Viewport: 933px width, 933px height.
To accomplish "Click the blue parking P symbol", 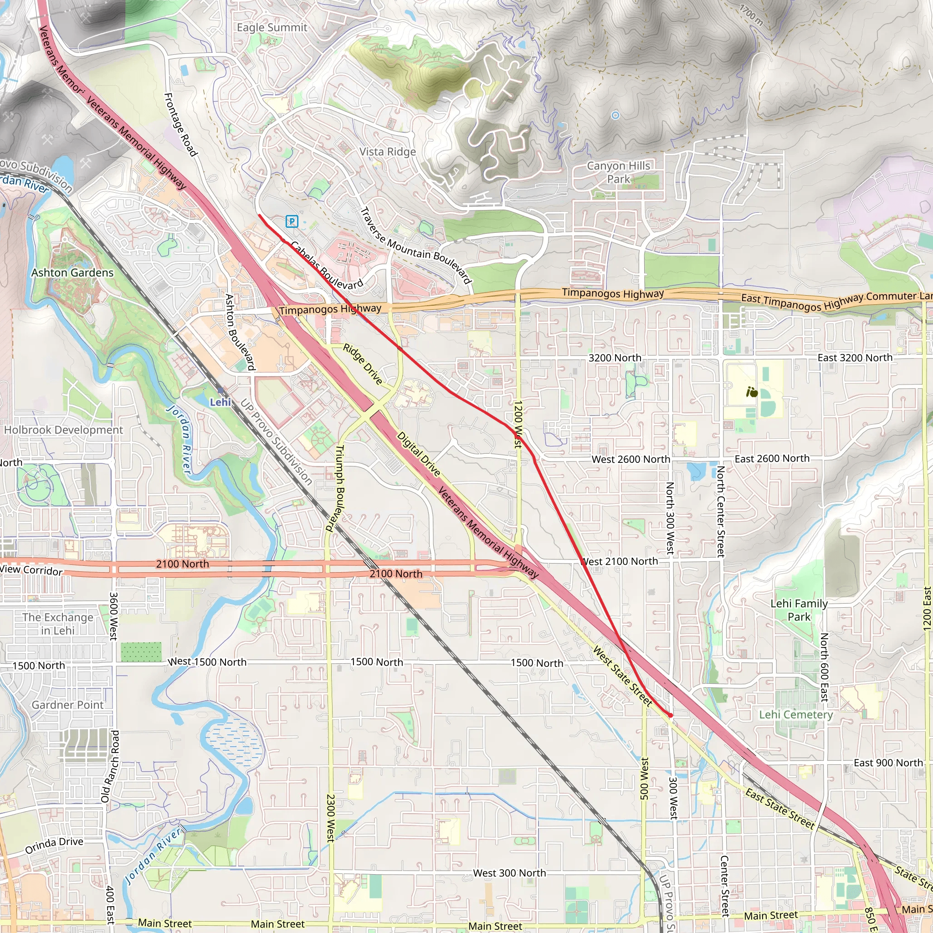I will [292, 222].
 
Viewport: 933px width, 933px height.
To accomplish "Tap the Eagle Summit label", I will [272, 27].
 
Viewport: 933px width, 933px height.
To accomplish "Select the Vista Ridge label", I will [387, 152].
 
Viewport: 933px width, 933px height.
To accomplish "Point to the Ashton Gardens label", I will [72, 272].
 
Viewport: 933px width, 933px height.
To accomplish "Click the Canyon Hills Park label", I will [618, 172].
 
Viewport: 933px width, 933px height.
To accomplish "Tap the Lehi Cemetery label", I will [795, 714].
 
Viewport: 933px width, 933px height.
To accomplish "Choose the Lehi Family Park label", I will [799, 610].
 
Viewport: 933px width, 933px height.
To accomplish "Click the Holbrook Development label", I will [63, 430].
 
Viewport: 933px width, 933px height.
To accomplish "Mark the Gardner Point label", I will [67, 705].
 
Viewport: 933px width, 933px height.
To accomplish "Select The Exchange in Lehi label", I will [58, 624].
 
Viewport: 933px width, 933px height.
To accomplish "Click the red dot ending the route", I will [670, 715].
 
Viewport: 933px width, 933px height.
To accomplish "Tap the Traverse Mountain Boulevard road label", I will [416, 246].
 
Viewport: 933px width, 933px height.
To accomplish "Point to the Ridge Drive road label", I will [363, 364].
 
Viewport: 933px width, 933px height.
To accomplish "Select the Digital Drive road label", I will [418, 454].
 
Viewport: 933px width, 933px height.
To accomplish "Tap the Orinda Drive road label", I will [54, 845].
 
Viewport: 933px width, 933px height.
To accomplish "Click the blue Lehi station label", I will [220, 402].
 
